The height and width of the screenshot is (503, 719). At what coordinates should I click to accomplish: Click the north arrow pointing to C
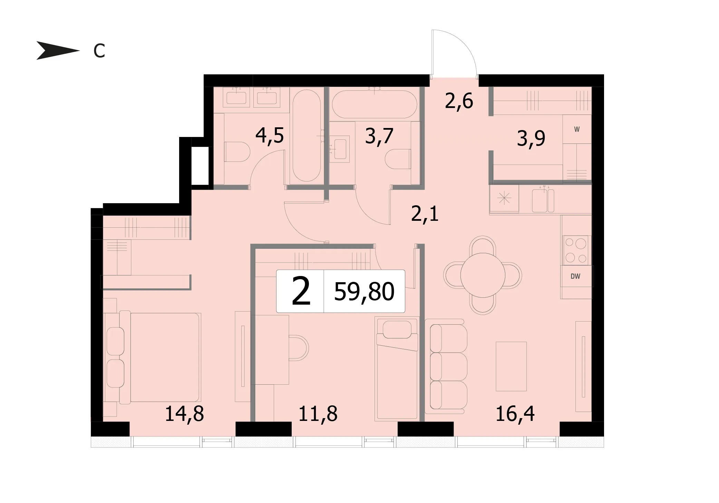pos(58,51)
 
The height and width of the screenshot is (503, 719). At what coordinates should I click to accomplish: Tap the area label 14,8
pos(184,414)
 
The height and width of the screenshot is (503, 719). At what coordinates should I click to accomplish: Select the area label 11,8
pos(318,414)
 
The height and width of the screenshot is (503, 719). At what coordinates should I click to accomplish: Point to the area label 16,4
pos(515,414)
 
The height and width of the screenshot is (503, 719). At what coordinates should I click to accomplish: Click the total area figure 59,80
pos(364,292)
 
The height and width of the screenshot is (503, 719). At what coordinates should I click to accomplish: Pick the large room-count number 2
pos(301,292)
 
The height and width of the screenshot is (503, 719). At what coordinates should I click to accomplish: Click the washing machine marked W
pos(577,129)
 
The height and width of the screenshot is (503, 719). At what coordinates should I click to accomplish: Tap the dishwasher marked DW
pos(575,276)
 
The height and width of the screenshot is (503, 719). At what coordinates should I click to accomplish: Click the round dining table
pos(483,275)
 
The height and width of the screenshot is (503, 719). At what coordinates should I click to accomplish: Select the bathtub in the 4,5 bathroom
pos(307,136)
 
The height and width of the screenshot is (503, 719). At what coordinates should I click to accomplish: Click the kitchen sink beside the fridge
pos(543,200)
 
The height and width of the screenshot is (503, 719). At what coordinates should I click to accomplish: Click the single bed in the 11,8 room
pos(397,369)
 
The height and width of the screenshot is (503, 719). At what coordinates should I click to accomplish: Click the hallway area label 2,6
pos(459,101)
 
